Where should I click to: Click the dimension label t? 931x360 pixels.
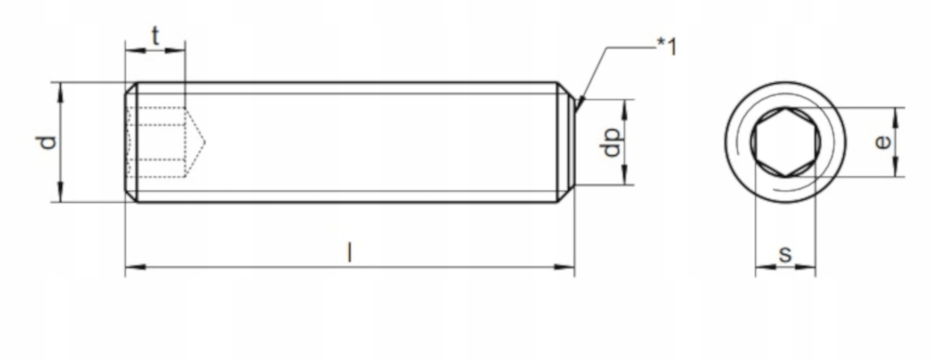[x=155, y=37]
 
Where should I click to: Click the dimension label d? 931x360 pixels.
[x=47, y=142]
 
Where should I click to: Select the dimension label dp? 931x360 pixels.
[x=611, y=142]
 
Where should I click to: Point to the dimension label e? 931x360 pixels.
[x=883, y=142]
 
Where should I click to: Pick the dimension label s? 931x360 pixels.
[x=785, y=255]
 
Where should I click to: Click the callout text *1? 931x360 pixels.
[x=666, y=46]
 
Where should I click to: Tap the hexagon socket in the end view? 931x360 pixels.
[x=785, y=142]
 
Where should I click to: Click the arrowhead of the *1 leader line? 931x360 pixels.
[x=581, y=103]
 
